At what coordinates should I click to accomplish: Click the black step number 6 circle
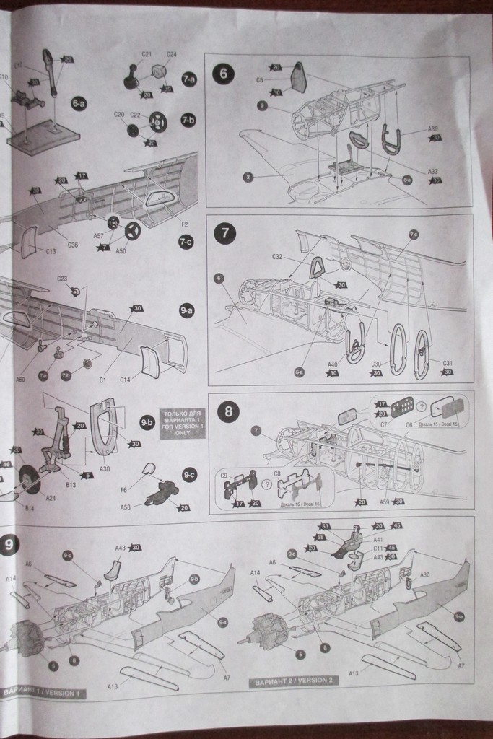[223, 74]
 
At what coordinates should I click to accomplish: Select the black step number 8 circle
[228, 412]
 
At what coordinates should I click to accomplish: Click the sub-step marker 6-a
[79, 103]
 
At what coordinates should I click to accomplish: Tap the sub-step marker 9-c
[189, 474]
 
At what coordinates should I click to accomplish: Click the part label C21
[146, 55]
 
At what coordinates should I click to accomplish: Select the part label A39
[432, 128]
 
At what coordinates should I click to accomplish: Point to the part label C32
[277, 257]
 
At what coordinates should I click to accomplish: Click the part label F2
[185, 224]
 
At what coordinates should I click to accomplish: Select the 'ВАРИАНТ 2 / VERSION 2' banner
[293, 681]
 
